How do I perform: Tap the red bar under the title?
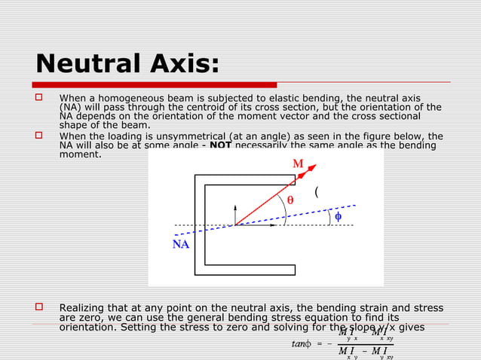coord(155,85)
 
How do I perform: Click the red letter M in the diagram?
coord(298,163)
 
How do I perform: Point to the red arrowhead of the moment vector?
coord(311,168)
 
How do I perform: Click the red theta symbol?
coord(290,200)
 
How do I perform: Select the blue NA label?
coord(181,245)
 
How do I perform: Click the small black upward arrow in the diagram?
coord(235,209)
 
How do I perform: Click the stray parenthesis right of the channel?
coord(317,192)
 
